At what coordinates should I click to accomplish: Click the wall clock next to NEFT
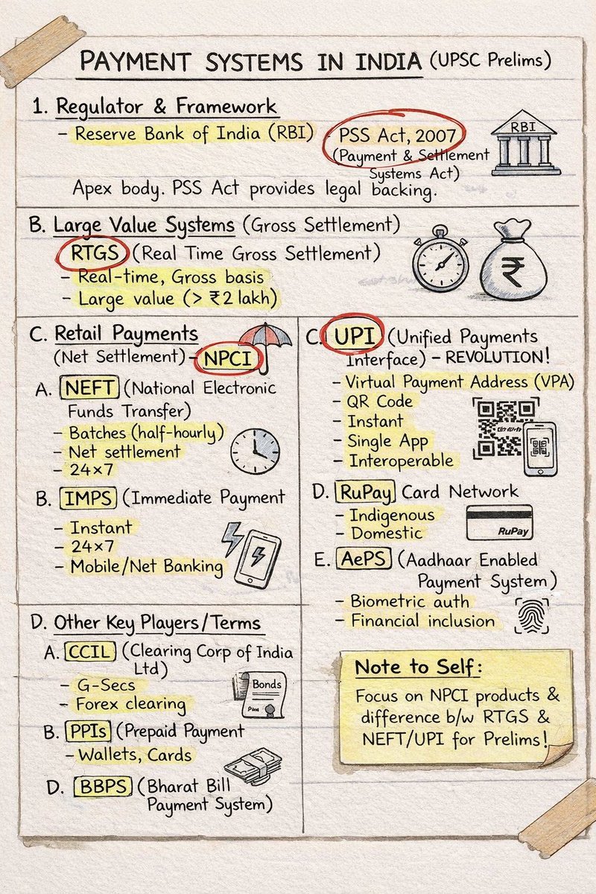click(255, 450)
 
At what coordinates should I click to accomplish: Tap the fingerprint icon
click(531, 615)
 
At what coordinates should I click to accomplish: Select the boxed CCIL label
click(91, 652)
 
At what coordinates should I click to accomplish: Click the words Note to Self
click(417, 667)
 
